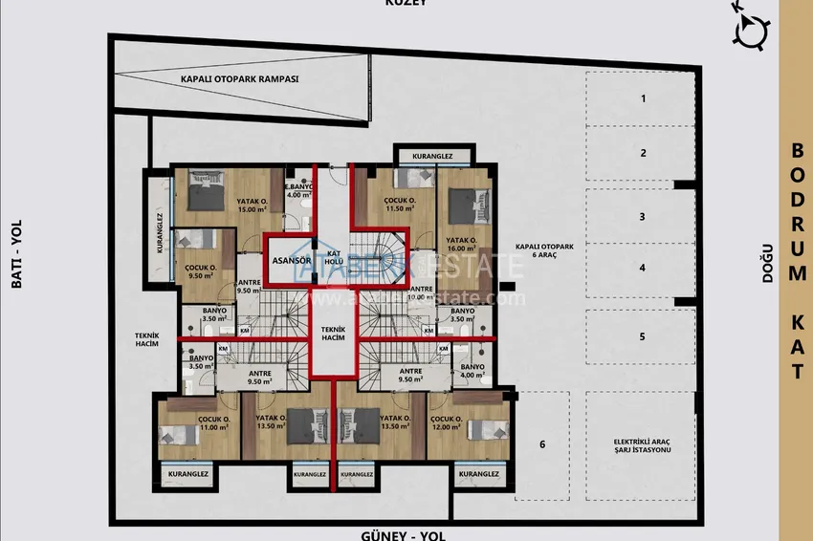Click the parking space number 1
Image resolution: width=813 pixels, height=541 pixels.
coord(644,98)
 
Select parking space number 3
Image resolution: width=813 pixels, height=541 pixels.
coord(643,217)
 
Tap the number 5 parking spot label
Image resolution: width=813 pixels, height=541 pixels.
coord(643,336)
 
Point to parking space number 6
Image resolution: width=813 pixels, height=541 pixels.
coord(542,444)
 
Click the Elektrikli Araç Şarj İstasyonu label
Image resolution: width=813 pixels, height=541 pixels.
coord(643,445)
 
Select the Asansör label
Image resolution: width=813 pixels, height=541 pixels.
coord(288,260)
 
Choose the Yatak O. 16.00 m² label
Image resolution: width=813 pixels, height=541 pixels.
coord(464,244)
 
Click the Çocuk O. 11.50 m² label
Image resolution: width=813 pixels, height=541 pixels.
coord(400,205)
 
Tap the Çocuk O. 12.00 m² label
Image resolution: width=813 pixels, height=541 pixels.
coord(448,422)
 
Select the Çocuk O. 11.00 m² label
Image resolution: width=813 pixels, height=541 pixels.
coord(212,422)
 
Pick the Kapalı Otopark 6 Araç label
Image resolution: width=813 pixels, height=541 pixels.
coord(541,250)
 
